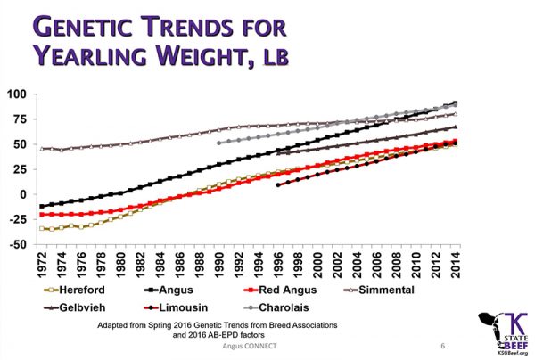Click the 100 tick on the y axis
pyautogui.click(x=17, y=94)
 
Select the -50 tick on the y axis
pyautogui.click(x=17, y=244)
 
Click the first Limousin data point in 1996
pyautogui.click(x=278, y=185)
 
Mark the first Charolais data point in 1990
pyautogui.click(x=219, y=143)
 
